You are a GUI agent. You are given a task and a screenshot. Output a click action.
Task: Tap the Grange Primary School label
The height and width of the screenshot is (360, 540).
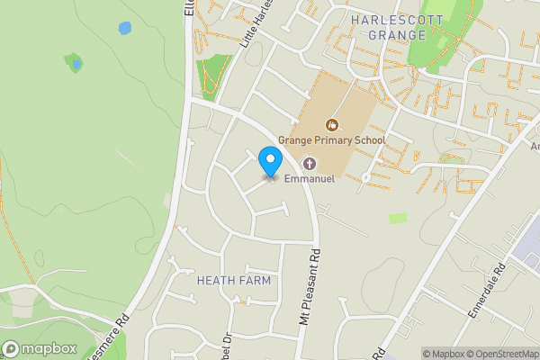[331, 140]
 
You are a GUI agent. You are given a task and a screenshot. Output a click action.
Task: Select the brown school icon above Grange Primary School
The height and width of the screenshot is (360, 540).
[332, 124]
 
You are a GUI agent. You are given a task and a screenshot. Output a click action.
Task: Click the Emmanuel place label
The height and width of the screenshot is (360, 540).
[310, 179]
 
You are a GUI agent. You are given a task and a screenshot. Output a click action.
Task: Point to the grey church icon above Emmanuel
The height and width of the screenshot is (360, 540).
[310, 163]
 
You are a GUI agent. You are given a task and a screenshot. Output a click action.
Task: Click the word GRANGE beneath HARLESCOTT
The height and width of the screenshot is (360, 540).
[397, 35]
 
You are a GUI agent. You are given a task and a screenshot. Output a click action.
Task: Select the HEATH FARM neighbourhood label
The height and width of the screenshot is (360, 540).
[233, 281]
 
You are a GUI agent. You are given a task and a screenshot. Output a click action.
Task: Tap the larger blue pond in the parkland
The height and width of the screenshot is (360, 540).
[124, 28]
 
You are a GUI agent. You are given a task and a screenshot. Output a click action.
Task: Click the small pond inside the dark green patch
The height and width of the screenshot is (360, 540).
[76, 64]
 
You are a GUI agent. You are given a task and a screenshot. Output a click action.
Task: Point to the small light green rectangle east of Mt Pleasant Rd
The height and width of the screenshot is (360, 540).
[397, 218]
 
